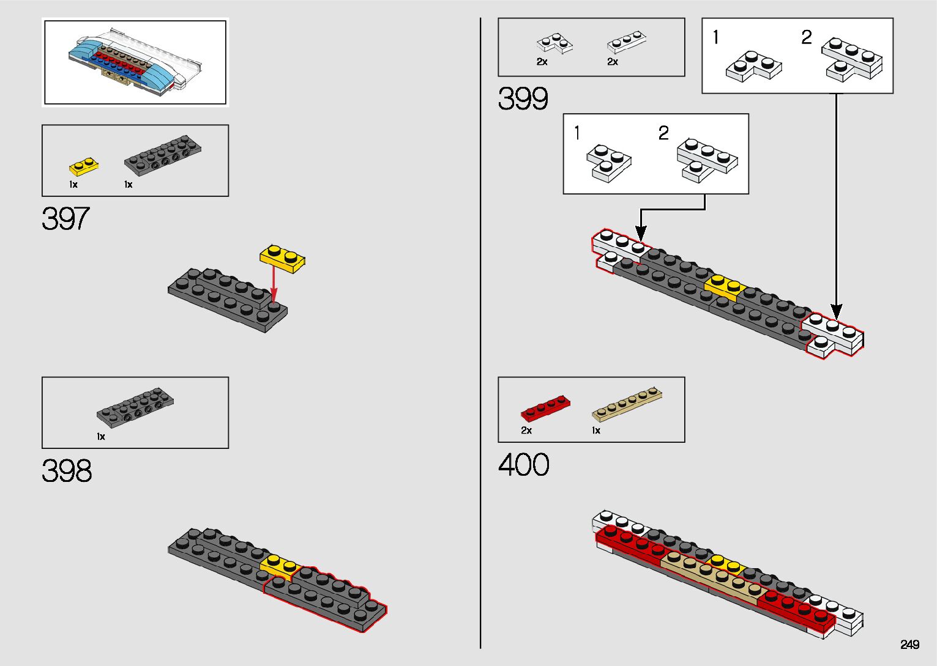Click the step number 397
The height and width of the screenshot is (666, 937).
65,218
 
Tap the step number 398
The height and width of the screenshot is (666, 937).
67,470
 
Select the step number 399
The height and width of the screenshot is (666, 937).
523,98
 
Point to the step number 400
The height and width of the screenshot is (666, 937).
524,465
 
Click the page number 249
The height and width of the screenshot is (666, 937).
909,645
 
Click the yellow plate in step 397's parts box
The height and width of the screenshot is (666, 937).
84,167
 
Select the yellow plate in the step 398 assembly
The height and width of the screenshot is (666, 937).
278,566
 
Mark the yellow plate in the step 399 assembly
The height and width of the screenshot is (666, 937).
725,287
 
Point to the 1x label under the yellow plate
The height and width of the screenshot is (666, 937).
73,185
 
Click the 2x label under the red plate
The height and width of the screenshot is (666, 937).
526,431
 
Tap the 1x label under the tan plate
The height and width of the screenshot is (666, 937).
595,431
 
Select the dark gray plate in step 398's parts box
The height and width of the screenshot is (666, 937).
135,406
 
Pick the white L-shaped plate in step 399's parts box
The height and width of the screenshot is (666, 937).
554,43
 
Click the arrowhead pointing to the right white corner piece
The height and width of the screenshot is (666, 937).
836,313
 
